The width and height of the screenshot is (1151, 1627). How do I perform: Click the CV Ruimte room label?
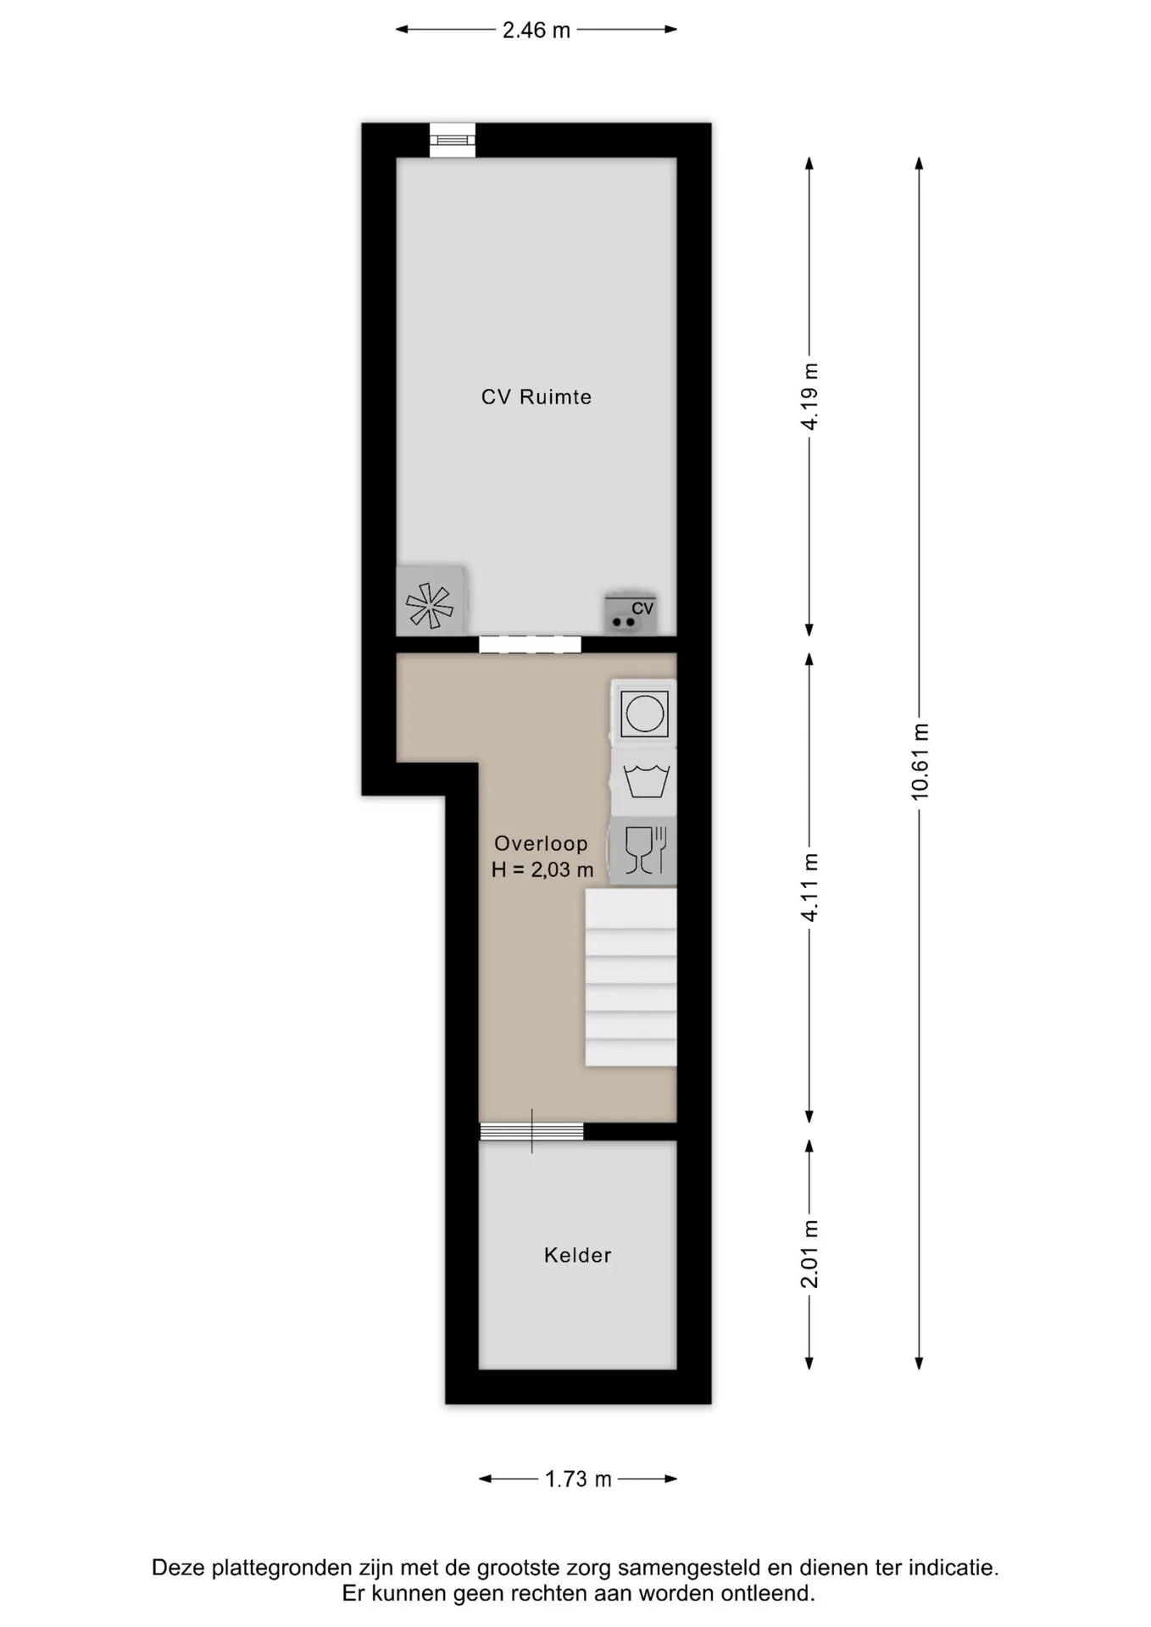tap(536, 397)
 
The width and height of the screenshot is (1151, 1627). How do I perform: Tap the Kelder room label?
tap(577, 1255)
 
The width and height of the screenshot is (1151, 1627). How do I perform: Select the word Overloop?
tap(541, 843)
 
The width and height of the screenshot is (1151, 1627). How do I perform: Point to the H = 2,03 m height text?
tap(542, 869)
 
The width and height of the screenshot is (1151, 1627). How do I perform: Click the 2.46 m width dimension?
tap(537, 30)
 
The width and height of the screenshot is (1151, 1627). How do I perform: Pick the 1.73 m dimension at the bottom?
tap(578, 1479)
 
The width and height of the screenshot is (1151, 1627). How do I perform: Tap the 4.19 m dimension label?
tap(809, 396)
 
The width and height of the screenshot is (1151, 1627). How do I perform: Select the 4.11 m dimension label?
tap(809, 887)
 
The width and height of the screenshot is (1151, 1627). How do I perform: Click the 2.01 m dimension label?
tap(809, 1254)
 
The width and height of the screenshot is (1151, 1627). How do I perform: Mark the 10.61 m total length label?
tap(920, 762)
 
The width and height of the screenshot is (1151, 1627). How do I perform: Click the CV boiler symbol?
tap(631, 612)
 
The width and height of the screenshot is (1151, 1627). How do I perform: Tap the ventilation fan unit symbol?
tap(431, 600)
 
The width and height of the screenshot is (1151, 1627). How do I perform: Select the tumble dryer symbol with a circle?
tap(644, 713)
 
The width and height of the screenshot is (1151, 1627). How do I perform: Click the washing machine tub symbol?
tap(644, 781)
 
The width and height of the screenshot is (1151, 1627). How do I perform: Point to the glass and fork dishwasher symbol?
tap(644, 851)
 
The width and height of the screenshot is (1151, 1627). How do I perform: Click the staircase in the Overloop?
tap(631, 977)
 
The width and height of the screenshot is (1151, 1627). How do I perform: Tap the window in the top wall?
tap(453, 140)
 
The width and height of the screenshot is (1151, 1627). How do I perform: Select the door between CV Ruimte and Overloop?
tap(530, 644)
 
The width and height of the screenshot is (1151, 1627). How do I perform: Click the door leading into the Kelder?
tap(531, 1131)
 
